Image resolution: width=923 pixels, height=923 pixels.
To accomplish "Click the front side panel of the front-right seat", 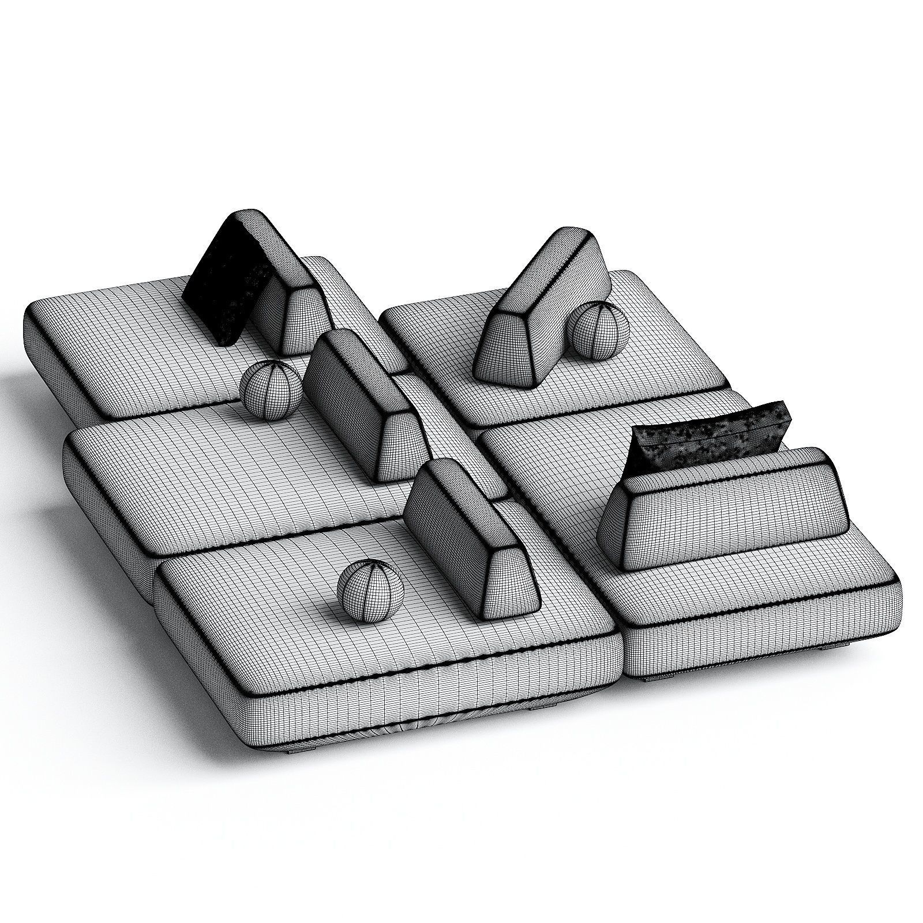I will (761, 640).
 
